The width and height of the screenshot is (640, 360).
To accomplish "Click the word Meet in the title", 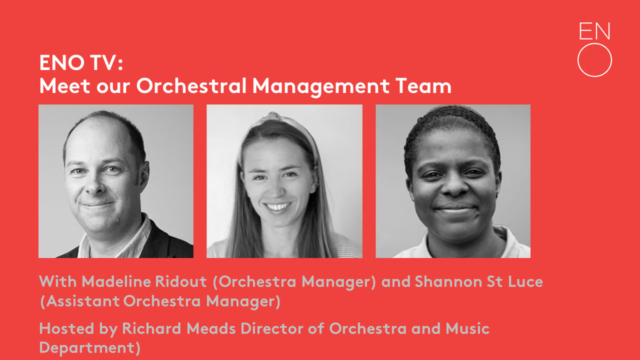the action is pos(65,85).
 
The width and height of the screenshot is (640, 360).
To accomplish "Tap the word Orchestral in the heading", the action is pos(191,85).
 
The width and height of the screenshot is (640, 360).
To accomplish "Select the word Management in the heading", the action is pos(321,87).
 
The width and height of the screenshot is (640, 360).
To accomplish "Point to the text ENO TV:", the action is pos(81,62).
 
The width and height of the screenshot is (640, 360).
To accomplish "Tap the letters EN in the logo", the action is pos(594,31).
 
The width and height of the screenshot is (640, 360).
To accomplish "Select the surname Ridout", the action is pos(181,281).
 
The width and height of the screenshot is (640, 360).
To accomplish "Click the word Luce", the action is pos(525,281).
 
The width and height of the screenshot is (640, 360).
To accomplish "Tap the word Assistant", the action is pos(82,301).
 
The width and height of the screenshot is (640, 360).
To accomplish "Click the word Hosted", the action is pos(66,328).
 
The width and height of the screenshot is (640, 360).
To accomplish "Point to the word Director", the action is pos(271,328).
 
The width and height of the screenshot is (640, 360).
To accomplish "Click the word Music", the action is pos(467,328).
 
